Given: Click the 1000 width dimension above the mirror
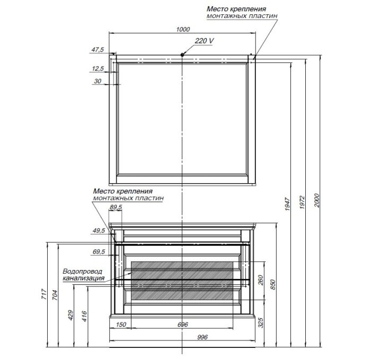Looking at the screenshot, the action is point(183,29).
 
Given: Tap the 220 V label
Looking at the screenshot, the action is point(204,41).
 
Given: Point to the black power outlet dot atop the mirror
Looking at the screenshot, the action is point(182,55).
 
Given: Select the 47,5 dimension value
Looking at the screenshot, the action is point(98,50).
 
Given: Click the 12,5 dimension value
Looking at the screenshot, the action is point(98,69).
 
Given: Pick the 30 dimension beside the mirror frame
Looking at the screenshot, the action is point(98,81).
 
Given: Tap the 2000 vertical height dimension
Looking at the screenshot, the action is point(317,201).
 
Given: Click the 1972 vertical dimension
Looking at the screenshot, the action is point(302,202).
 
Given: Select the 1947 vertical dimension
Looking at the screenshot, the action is point(287,204).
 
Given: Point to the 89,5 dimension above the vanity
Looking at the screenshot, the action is point(116,208).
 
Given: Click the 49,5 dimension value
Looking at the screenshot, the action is point(99,230).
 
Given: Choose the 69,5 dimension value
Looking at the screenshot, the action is point(99,252).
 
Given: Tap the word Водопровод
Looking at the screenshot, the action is point(83,272).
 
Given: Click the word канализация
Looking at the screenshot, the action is point(84,278).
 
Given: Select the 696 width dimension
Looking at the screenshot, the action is point(182,325).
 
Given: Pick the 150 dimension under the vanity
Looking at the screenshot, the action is point(121,325).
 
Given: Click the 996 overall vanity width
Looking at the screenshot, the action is point(202,337).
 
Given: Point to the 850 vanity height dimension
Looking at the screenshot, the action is point(273,285).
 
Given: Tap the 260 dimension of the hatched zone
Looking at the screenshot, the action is point(261,280).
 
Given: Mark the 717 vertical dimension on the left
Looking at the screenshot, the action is point(44,294).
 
